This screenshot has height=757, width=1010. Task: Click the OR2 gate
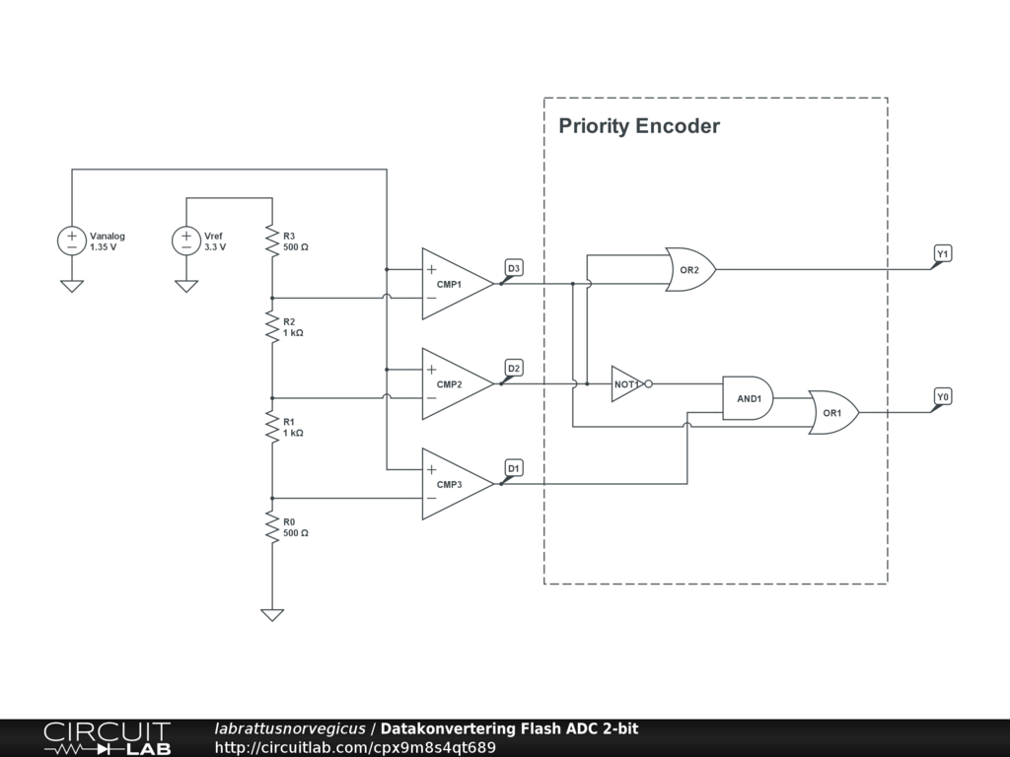point(689,269)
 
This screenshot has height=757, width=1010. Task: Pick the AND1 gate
point(748,398)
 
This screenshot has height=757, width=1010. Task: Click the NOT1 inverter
point(627,383)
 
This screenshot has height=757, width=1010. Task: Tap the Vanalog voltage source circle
point(72,241)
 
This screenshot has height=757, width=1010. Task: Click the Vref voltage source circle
point(186,241)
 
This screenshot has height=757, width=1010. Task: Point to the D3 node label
point(514,268)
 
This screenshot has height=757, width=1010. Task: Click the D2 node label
point(514,369)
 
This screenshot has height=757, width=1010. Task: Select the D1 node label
point(514,467)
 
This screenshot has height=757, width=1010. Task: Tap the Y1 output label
point(943,254)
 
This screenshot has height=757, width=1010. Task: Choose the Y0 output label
point(943,396)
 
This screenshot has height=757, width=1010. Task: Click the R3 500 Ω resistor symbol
point(271,241)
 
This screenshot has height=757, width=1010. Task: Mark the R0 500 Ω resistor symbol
point(271,526)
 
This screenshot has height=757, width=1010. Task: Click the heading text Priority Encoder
point(639,126)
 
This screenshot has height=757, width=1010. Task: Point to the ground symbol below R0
point(271,614)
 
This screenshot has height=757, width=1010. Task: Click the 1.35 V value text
point(104,247)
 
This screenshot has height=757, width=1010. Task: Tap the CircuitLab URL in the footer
point(355,747)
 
